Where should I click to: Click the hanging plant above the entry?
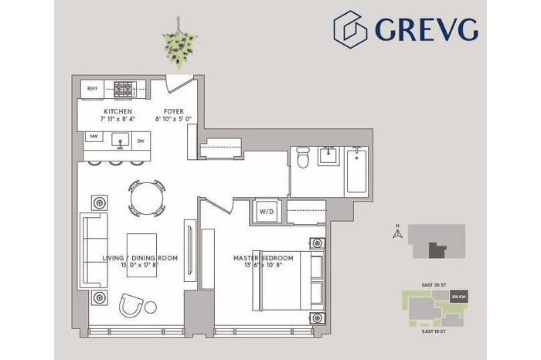click(179, 48)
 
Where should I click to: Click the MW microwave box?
click(94, 140)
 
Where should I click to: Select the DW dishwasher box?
click(141, 141)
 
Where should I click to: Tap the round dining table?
click(146, 199)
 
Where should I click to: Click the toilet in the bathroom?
click(303, 158)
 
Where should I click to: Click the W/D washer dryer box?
click(265, 211)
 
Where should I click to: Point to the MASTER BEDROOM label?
click(264, 257)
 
